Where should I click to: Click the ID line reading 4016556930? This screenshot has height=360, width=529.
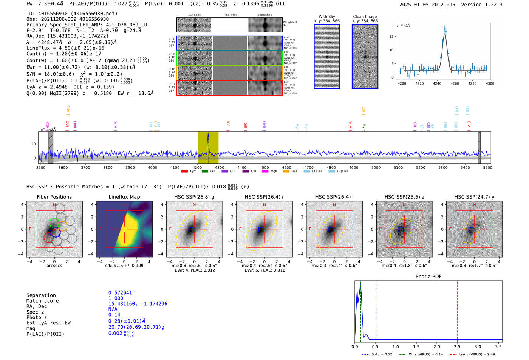[72, 14]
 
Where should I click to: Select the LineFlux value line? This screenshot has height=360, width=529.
[65, 48]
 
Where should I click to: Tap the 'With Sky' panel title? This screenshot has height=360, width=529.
[326, 17]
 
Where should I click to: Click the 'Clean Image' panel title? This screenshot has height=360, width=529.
[365, 17]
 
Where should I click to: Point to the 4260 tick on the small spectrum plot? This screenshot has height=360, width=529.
[455, 83]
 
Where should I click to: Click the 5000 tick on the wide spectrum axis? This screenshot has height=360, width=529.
[376, 167]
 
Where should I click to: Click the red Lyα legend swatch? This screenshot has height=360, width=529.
[184, 171]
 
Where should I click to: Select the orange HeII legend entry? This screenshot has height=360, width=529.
[286, 171]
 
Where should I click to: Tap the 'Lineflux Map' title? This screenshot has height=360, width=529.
[124, 197]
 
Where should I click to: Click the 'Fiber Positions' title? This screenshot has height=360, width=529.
[54, 197]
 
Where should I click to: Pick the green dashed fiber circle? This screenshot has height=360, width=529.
[54, 222]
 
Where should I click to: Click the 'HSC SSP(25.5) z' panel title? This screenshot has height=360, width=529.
[404, 197]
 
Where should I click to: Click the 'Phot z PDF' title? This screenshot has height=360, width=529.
[428, 277]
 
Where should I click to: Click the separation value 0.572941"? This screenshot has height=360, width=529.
[121, 293]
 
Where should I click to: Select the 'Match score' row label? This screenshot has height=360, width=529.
[42, 301]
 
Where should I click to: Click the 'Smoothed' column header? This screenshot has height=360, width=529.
[264, 15]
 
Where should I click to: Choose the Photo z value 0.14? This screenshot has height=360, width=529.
[114, 315]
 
